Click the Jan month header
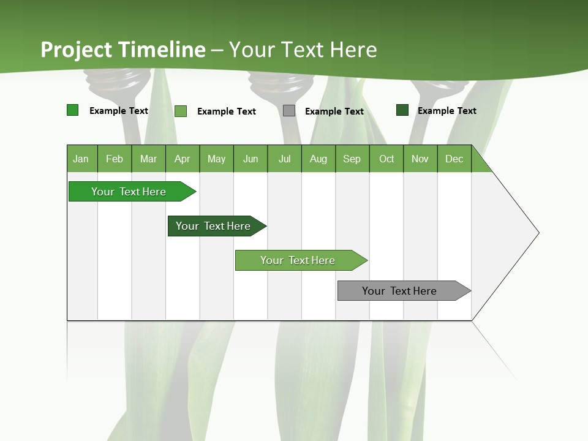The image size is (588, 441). click(81, 159)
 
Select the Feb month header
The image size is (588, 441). click(115, 159)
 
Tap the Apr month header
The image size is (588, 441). click(183, 159)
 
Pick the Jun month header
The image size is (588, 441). click(251, 159)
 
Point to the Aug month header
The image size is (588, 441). click(318, 159)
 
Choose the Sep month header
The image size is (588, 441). click(352, 159)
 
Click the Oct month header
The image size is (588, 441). click(386, 159)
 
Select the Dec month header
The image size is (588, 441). click(454, 159)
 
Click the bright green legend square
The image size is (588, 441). click(73, 110)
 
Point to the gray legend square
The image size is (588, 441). click(289, 111)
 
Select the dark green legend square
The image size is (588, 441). click(402, 110)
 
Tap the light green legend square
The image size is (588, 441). click(181, 111)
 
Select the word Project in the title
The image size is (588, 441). click(77, 50)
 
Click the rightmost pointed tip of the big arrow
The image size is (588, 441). click(538, 233)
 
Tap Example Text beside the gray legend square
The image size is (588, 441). click(334, 111)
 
